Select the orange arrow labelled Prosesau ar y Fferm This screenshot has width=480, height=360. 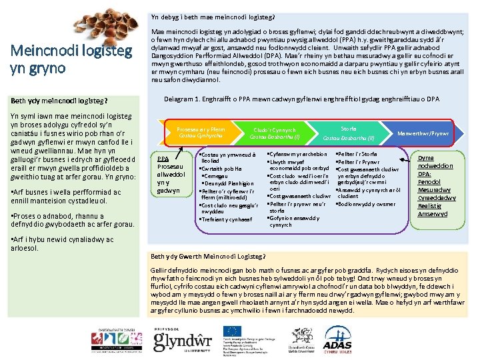click(201, 132)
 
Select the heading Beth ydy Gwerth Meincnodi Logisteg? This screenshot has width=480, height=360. click(208, 256)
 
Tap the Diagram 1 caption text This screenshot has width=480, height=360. click(301, 99)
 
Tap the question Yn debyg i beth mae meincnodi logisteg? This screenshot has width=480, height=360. click(213, 17)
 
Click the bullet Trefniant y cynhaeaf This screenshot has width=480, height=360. click(224, 219)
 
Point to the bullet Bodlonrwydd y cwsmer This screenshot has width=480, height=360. click(367, 204)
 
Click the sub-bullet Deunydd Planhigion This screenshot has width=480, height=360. click(227, 183)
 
